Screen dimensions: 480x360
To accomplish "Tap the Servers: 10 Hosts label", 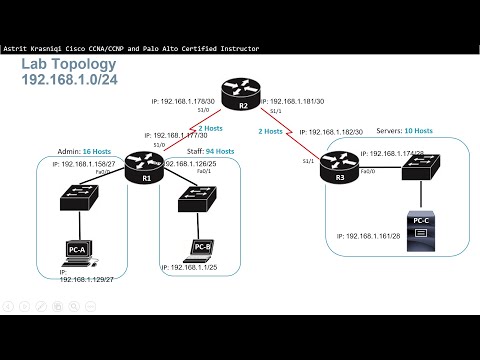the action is [x=406, y=131].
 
